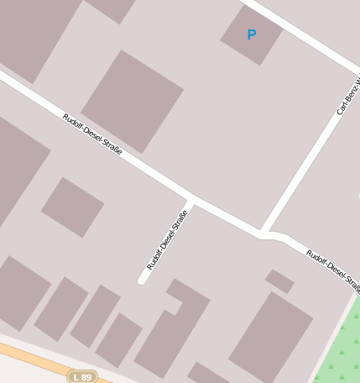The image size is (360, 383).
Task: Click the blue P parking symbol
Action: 251,35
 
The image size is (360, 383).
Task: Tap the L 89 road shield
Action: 82,377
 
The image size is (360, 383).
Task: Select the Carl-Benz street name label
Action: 348,97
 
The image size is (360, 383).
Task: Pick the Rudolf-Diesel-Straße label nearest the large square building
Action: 92,133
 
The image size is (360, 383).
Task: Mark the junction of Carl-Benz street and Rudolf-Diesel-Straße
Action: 263,233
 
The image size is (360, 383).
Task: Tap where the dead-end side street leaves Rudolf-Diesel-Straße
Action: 190,202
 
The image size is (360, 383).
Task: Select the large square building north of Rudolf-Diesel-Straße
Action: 132,100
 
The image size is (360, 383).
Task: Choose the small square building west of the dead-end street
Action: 72,207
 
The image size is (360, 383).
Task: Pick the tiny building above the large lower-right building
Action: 279,281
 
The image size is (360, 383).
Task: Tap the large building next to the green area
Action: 270,336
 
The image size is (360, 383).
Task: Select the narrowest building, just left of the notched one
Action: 118,340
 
